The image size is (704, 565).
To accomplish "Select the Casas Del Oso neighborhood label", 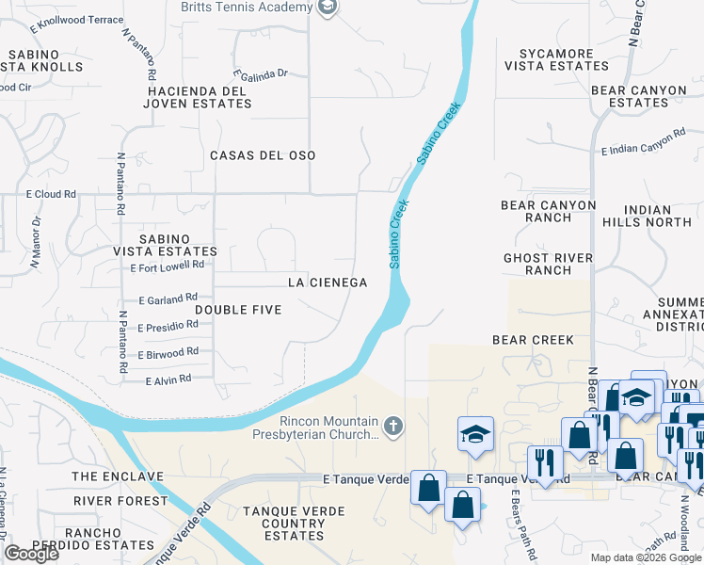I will (x=263, y=154).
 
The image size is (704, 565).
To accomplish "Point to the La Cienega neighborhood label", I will (x=327, y=282).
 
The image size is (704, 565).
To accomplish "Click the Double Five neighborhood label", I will (x=239, y=309).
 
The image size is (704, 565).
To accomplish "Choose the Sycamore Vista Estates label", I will (x=556, y=60).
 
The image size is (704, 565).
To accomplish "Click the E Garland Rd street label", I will (x=168, y=299).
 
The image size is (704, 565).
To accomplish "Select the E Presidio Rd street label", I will (x=168, y=326).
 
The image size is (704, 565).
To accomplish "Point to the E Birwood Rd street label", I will (x=168, y=353).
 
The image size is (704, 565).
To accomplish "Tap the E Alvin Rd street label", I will (x=168, y=379).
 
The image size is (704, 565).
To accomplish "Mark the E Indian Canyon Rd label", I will (x=644, y=144).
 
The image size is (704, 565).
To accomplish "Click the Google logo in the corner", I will (x=32, y=554).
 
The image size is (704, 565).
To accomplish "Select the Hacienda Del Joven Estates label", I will (x=198, y=97).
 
